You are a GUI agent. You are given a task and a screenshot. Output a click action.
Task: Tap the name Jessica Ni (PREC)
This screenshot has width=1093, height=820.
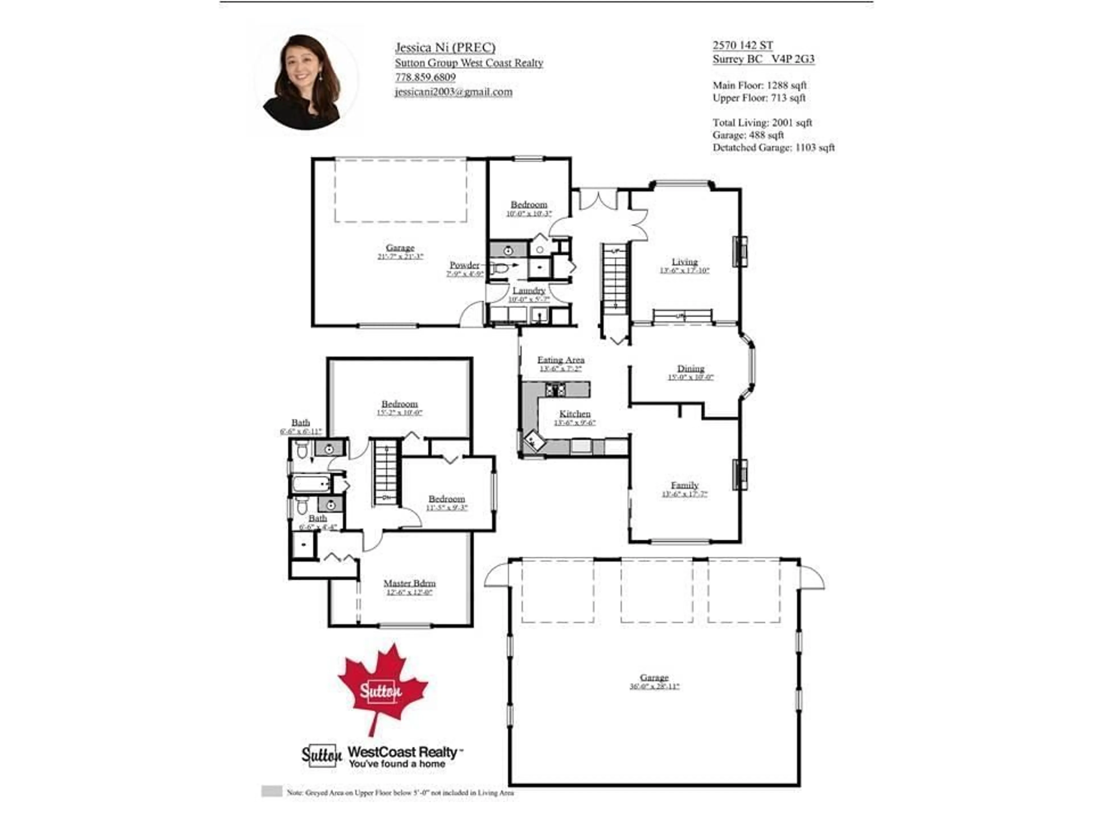click(445, 48)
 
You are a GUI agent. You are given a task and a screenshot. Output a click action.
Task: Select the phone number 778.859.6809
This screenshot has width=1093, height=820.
click(425, 77)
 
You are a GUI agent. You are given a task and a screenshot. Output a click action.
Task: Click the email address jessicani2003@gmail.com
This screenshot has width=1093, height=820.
click(453, 92)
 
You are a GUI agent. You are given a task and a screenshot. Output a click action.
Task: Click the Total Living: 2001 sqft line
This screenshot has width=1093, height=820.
click(762, 123)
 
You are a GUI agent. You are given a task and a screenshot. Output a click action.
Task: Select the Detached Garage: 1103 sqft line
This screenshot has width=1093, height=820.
click(773, 147)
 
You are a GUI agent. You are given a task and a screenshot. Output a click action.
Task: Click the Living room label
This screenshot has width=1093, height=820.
click(684, 261)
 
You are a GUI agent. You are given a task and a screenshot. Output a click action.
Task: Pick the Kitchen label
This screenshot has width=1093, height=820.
click(575, 414)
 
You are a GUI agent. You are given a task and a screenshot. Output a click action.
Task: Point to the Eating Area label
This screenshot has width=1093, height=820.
click(561, 360)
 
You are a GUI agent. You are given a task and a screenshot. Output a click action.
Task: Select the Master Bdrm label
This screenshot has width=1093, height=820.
click(409, 583)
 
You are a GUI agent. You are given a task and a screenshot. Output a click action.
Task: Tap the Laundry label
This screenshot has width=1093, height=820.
click(529, 291)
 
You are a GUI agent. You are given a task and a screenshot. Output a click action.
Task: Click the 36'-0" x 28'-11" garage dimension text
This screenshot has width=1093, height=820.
click(654, 686)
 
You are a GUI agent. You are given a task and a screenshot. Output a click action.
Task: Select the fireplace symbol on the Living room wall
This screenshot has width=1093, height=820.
click(740, 252)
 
